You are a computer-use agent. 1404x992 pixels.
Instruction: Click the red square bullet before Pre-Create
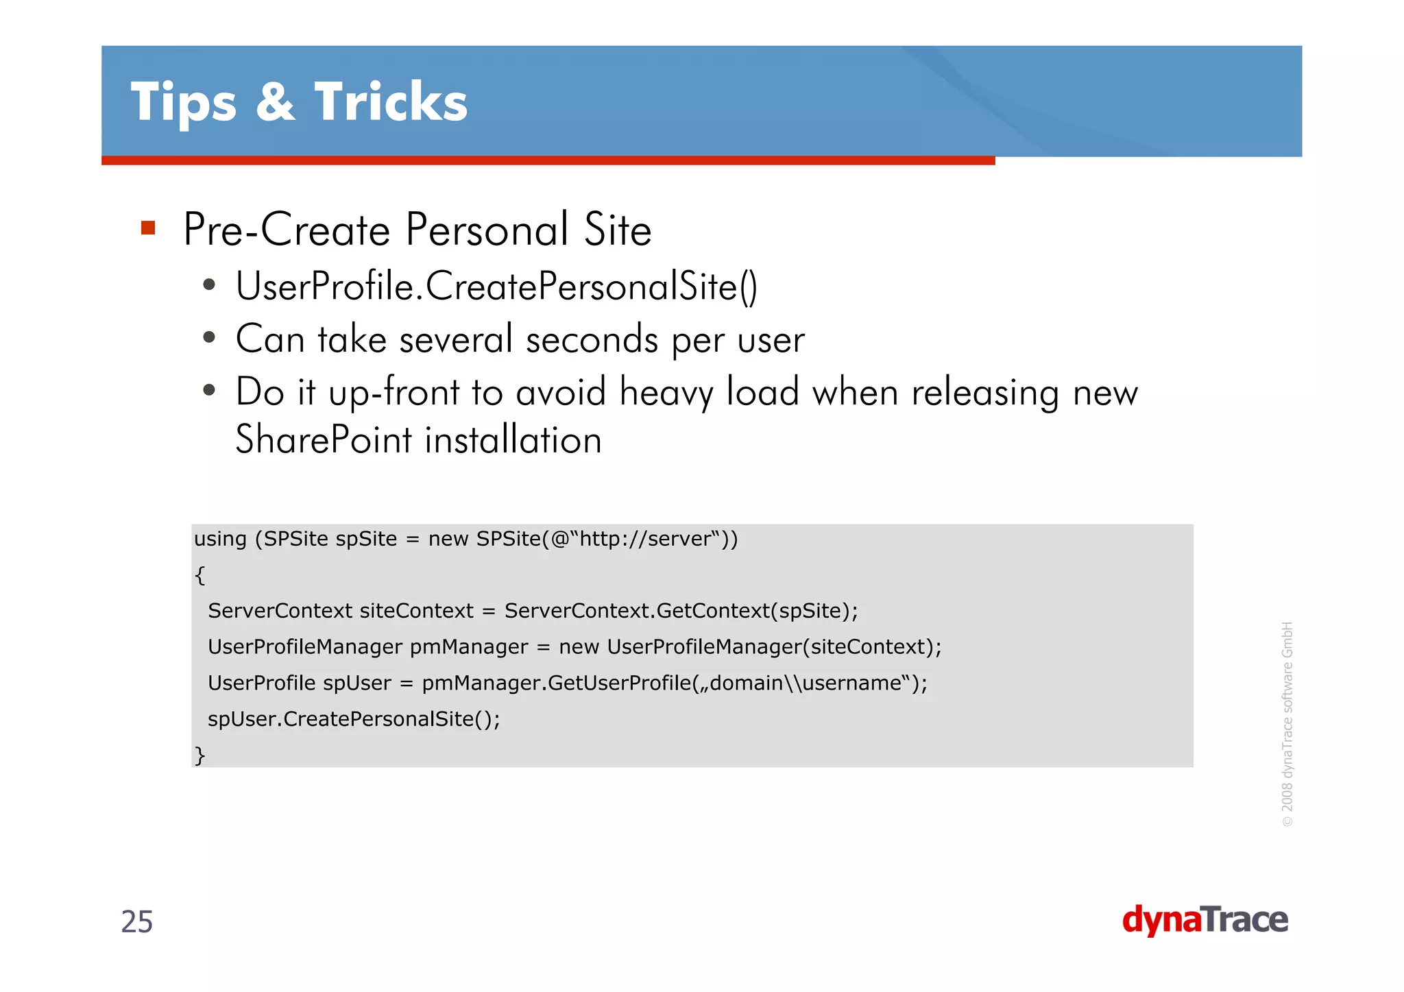pyautogui.click(x=148, y=228)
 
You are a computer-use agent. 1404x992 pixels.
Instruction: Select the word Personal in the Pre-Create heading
pyautogui.click(x=487, y=230)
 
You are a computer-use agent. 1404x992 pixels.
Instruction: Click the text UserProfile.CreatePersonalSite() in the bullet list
pyautogui.click(x=496, y=287)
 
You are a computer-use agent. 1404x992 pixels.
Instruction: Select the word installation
pyautogui.click(x=513, y=440)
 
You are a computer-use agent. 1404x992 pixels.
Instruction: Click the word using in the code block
pyautogui.click(x=220, y=540)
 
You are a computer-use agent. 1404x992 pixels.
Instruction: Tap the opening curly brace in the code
pyautogui.click(x=199, y=574)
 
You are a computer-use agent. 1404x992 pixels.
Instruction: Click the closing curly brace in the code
pyautogui.click(x=199, y=755)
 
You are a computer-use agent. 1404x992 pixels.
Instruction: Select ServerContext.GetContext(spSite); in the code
pyautogui.click(x=681, y=611)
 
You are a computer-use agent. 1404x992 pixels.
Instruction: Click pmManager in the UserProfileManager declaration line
pyautogui.click(x=469, y=647)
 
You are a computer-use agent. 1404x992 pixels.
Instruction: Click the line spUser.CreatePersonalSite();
pyautogui.click(x=354, y=719)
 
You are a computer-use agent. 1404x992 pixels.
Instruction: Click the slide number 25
pyautogui.click(x=137, y=922)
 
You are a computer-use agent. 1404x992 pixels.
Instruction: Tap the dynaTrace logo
pyautogui.click(x=1205, y=920)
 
